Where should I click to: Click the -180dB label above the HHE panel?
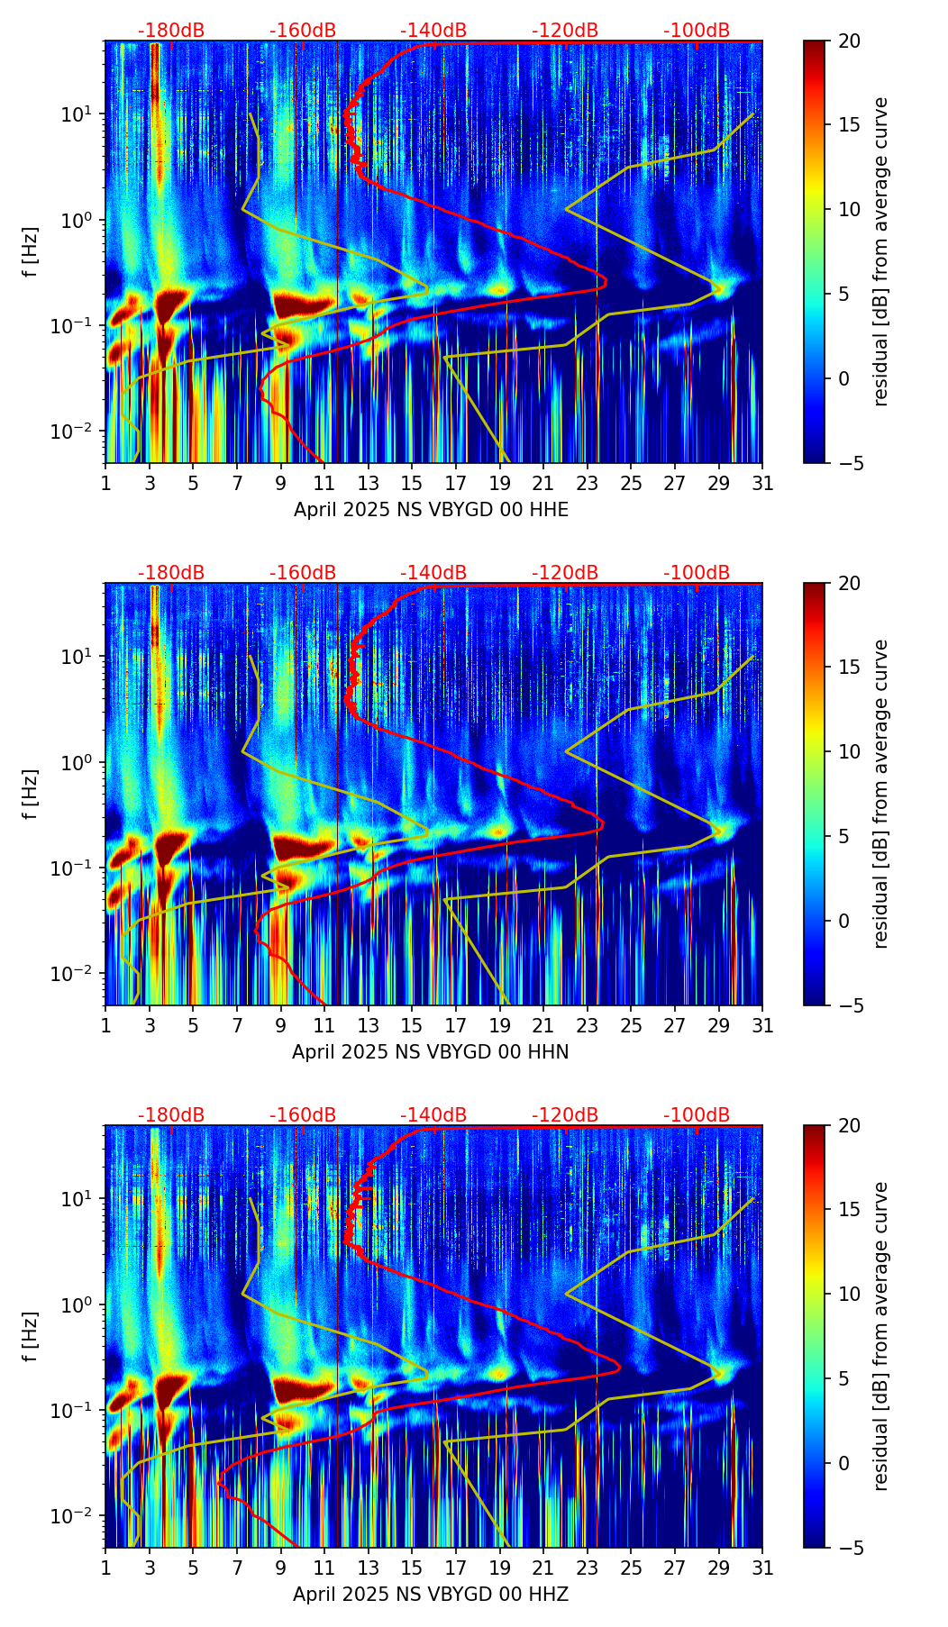(x=171, y=31)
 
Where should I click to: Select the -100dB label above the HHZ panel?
(x=697, y=1115)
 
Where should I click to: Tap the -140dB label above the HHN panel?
(x=433, y=573)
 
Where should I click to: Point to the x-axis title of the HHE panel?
(x=431, y=510)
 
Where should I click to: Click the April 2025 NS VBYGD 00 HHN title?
(x=430, y=1052)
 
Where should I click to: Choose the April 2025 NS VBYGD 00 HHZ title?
(x=430, y=1595)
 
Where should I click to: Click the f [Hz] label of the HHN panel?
(x=31, y=794)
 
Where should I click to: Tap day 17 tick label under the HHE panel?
(x=456, y=483)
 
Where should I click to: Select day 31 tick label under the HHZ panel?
(x=762, y=1568)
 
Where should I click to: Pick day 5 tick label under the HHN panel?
(x=193, y=1025)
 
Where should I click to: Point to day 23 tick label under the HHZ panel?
(x=588, y=1568)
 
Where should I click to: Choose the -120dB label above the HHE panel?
(x=565, y=31)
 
